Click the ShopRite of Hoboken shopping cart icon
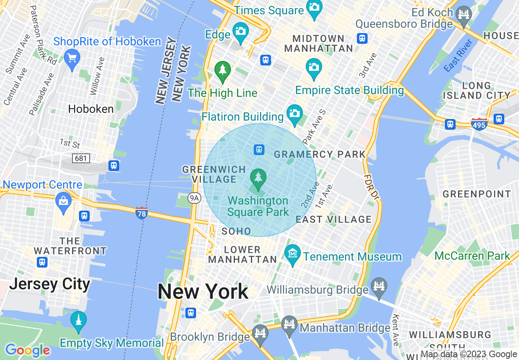pyautogui.click(x=72, y=58)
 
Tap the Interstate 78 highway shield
pyautogui.click(x=142, y=213)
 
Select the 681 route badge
pyautogui.click(x=81, y=158)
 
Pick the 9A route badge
pyautogui.click(x=195, y=198)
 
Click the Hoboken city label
pyautogui.click(x=91, y=109)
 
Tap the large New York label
pyautogui.click(x=203, y=292)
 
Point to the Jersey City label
pyautogui.click(x=50, y=284)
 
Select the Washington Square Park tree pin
pyautogui.click(x=258, y=179)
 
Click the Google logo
pyautogui.click(x=27, y=350)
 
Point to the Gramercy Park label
pyautogui.click(x=319, y=154)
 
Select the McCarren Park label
pyautogui.click(x=472, y=256)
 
